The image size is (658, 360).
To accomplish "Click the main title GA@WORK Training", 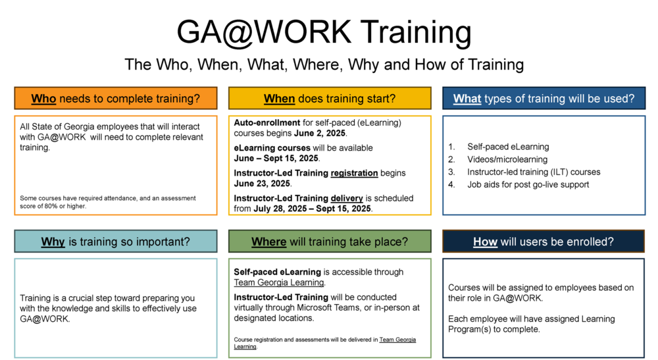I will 324,32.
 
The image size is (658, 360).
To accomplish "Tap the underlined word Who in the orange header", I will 43,99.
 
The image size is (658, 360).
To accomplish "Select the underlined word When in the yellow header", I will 279,99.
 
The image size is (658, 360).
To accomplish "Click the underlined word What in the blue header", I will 467,99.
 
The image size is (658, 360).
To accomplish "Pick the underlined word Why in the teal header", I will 53,242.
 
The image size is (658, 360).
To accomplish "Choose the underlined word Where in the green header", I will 268,242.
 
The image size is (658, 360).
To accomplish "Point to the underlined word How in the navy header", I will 485,242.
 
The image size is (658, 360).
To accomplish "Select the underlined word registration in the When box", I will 354,173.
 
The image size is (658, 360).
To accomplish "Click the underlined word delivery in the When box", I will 347,198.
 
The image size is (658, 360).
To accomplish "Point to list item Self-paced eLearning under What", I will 508,147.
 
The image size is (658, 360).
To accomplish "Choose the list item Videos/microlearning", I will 507,159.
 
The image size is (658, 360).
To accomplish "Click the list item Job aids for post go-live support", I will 528,184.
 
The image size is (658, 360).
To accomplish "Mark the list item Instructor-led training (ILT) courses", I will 534,172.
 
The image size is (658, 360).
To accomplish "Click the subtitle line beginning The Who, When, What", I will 324,64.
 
